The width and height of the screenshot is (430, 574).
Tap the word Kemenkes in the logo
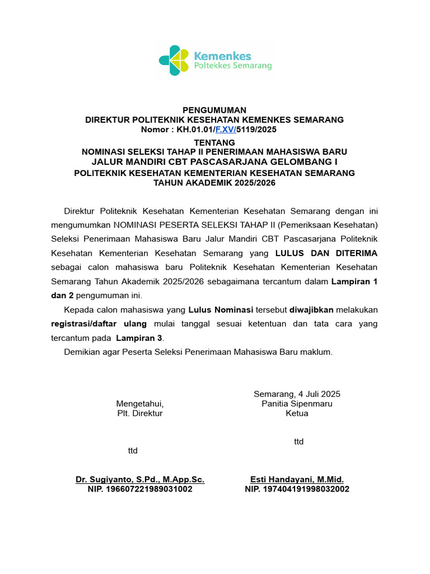222,55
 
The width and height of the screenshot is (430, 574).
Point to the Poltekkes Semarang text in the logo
232,66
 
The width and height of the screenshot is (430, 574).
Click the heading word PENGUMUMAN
214,110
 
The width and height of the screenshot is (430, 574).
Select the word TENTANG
214,142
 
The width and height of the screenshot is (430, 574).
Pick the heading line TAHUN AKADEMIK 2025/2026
214,183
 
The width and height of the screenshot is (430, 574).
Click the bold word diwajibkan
311,309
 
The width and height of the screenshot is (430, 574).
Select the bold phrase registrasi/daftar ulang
99,323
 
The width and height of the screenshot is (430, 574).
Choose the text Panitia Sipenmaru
297,404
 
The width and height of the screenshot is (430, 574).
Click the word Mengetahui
139,404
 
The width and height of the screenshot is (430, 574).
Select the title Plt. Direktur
139,414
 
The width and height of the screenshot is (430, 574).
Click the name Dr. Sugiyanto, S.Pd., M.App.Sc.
140,479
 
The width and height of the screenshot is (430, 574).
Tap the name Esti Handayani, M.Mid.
297,479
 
